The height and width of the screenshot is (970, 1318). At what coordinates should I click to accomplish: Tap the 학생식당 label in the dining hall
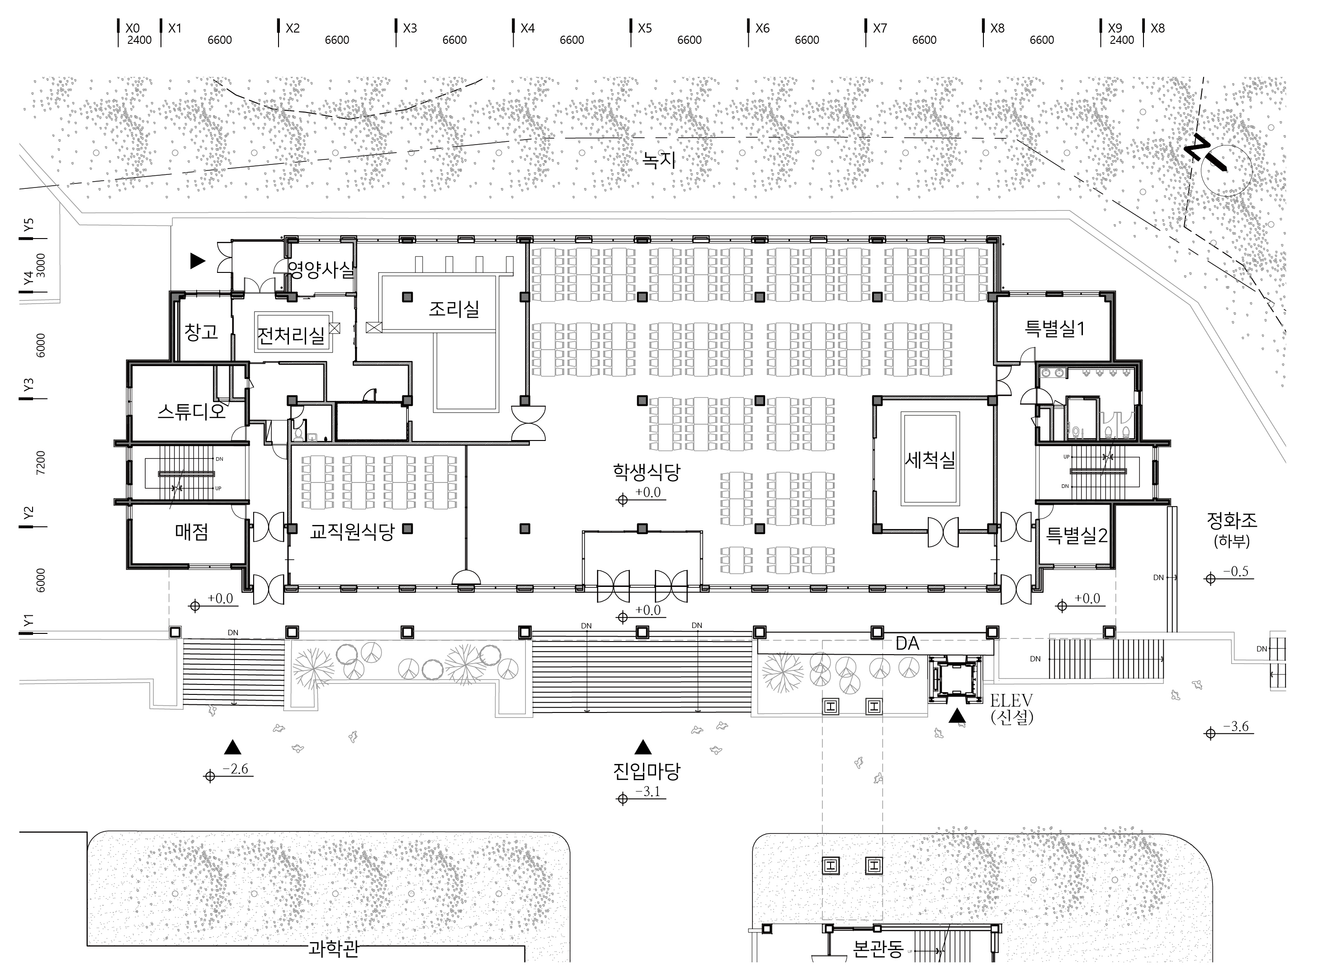[x=647, y=472]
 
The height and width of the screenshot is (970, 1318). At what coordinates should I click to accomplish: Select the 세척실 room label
[x=930, y=459]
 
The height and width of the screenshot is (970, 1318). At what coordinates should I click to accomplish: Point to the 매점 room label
[x=192, y=532]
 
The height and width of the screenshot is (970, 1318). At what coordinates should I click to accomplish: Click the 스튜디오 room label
[x=192, y=411]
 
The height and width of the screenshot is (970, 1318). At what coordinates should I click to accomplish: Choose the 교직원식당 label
[x=352, y=532]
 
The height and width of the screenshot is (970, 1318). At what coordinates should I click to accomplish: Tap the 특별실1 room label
[x=1055, y=328]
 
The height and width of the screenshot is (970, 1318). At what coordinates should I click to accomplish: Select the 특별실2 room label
[x=1077, y=535]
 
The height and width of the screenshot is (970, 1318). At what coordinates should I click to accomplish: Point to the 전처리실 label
[x=291, y=335]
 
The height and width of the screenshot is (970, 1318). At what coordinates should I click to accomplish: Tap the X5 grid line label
[x=645, y=28]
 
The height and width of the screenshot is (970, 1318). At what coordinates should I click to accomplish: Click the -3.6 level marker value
[x=1236, y=726]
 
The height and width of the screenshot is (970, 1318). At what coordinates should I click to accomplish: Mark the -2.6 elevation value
[x=236, y=769]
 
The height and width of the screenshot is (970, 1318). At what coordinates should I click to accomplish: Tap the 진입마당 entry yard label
[x=647, y=771]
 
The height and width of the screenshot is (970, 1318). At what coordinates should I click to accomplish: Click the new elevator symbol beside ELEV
[x=955, y=680]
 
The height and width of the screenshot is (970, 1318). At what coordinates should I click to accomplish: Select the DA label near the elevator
[x=907, y=643]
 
